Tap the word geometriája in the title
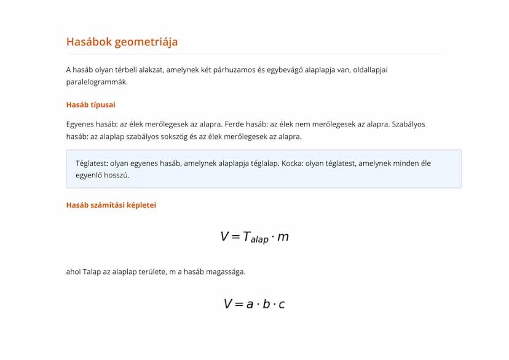[148, 42]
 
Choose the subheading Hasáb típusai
[90, 104]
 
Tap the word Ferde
[235, 124]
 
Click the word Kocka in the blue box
[292, 163]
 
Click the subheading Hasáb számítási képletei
[111, 205]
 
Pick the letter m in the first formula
[283, 237]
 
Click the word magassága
[224, 272]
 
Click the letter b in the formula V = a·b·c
[266, 303]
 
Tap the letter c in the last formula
[282, 304]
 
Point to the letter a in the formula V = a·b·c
[250, 304]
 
